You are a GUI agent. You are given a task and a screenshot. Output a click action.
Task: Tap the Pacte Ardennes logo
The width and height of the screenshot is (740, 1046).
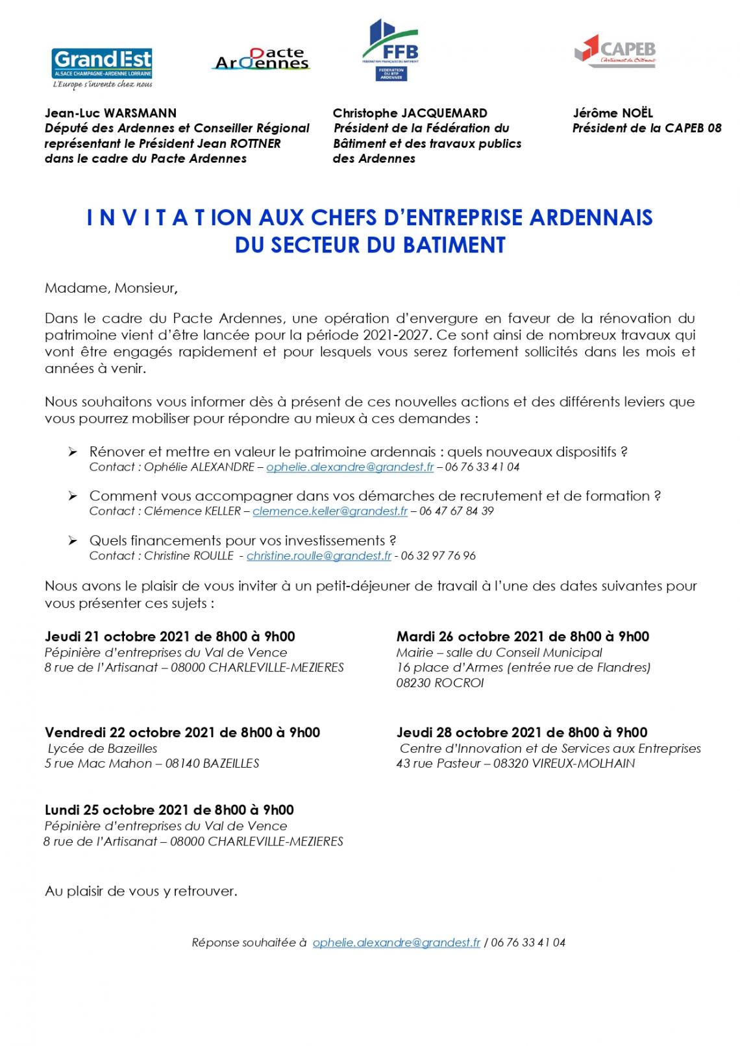(262, 59)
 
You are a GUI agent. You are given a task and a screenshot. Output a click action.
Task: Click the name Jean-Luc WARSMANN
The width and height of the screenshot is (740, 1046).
(110, 113)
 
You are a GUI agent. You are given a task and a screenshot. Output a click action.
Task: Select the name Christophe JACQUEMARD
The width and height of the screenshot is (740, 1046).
(410, 113)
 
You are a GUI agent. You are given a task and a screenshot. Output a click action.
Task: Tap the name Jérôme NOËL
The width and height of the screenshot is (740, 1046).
(612, 113)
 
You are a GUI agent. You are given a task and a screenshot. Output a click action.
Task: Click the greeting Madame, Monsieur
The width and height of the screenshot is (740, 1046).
(110, 287)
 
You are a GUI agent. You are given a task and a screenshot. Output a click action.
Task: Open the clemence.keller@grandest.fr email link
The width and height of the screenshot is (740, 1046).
(330, 511)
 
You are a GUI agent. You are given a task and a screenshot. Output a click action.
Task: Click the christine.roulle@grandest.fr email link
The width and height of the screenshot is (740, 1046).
(319, 556)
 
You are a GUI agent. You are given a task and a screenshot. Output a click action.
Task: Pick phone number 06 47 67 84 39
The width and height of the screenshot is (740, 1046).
(456, 511)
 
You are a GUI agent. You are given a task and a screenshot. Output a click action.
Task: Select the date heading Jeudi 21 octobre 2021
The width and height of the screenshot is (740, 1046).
(169, 637)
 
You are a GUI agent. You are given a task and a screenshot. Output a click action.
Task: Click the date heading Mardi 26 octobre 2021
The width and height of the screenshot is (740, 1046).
(523, 637)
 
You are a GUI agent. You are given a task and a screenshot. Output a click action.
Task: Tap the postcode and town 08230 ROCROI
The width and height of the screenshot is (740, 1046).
(439, 683)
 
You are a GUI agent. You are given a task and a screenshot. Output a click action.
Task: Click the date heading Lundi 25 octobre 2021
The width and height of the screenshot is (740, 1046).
(169, 810)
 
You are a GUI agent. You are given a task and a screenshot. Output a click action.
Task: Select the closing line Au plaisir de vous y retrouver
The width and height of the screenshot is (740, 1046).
(141, 891)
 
